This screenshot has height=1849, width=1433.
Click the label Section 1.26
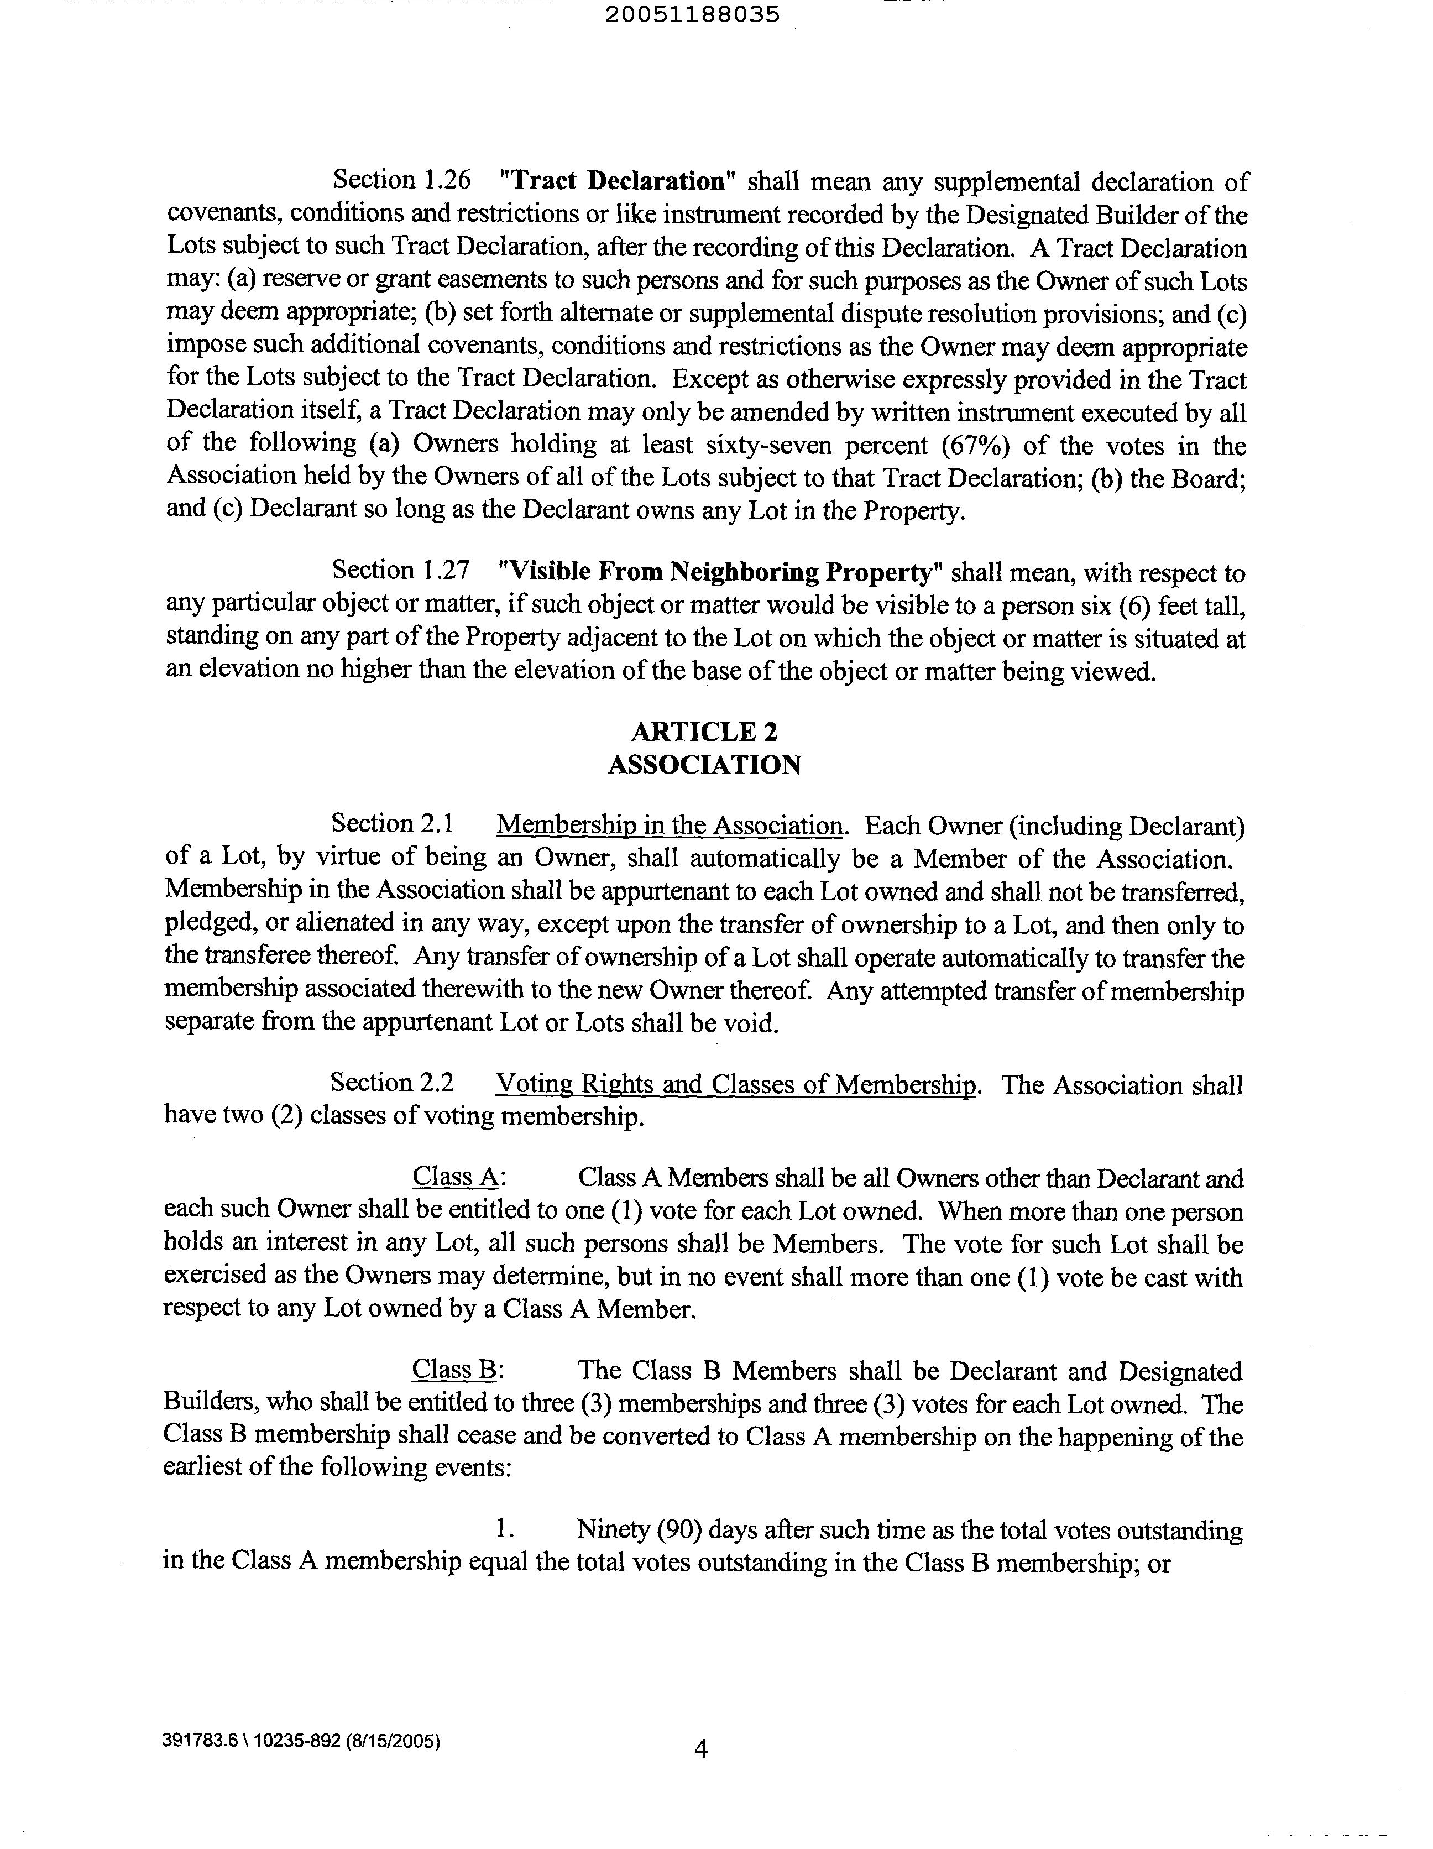click(401, 180)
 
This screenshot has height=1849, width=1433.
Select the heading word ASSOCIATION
click(704, 765)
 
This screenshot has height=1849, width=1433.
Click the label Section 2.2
click(392, 1083)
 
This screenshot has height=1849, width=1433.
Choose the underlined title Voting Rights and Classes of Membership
click(735, 1084)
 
